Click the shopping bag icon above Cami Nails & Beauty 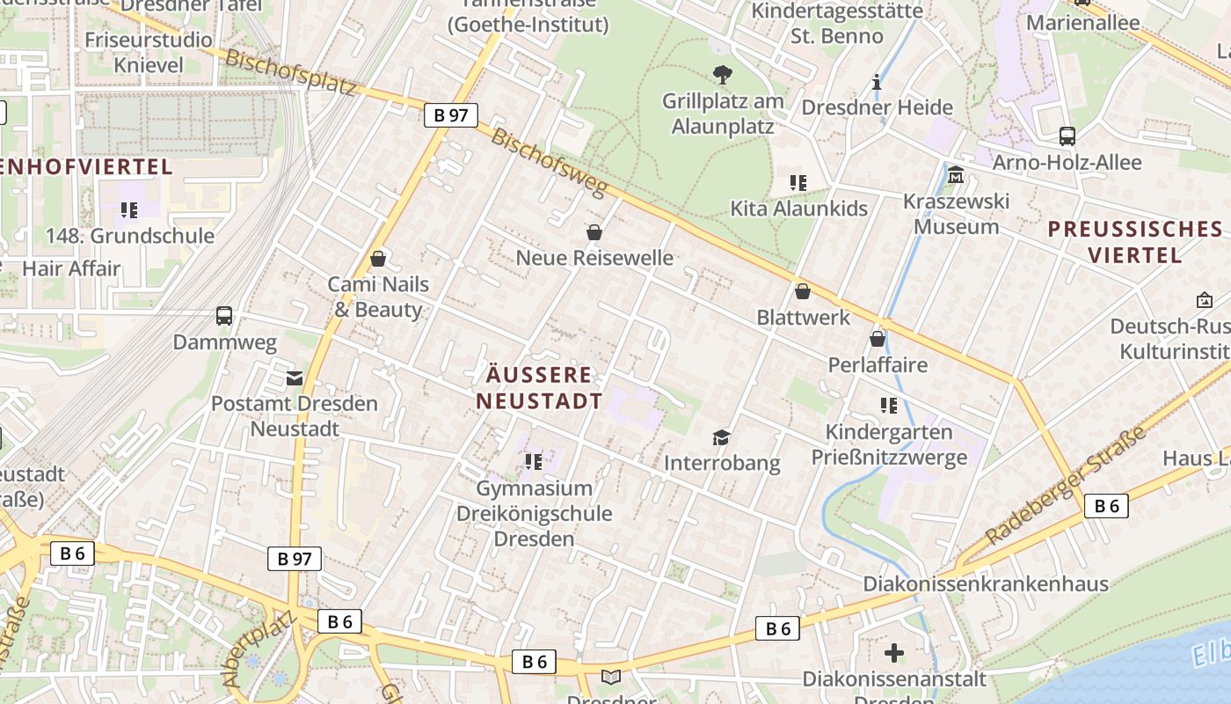click(378, 259)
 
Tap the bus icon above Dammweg click(224, 316)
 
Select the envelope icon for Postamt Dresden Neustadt click(295, 378)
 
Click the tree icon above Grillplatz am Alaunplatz click(723, 75)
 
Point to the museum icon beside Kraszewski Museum click(956, 175)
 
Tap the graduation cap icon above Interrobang click(722, 437)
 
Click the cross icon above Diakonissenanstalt click(894, 653)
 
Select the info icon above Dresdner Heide click(877, 83)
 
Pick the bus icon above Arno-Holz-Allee click(1067, 136)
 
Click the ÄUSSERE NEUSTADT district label click(540, 388)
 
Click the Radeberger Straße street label click(1066, 486)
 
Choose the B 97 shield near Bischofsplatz click(451, 115)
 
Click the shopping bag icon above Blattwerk click(803, 291)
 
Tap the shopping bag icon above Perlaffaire click(878, 339)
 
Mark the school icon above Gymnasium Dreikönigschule click(534, 461)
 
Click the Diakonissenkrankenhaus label click(986, 583)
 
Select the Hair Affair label click(71, 268)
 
